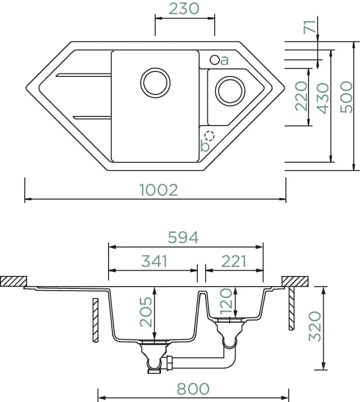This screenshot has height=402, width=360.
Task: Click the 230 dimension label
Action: (x=184, y=8)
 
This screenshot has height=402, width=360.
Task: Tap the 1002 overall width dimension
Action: (x=159, y=190)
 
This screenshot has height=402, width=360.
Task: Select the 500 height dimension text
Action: (x=346, y=97)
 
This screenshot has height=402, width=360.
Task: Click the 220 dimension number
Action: (x=301, y=96)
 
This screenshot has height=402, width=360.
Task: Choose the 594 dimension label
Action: (x=183, y=237)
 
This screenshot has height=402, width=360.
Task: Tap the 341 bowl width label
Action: (x=154, y=261)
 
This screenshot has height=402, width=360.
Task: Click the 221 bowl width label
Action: (x=233, y=262)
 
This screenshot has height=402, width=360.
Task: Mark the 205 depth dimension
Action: (x=146, y=312)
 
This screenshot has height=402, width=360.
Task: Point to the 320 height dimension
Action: (x=315, y=326)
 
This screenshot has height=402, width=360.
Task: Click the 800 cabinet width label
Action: (x=193, y=389)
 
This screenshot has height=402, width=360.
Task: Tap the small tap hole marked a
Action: (x=214, y=60)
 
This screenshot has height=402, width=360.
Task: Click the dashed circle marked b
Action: (x=209, y=136)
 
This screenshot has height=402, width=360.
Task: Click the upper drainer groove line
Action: (x=84, y=75)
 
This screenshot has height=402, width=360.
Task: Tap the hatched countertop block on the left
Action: (x=14, y=281)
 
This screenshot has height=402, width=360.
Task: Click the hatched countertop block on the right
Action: (x=295, y=281)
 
